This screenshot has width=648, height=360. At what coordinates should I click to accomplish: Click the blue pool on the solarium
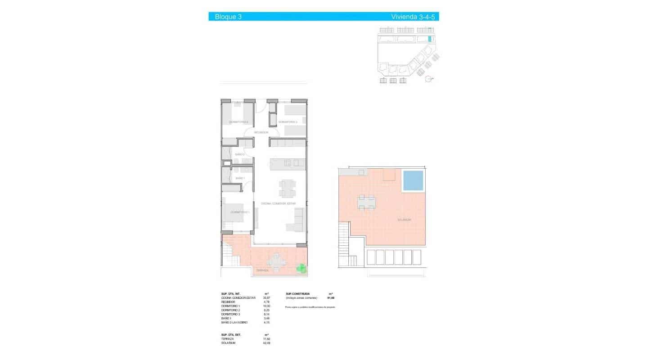tap(414, 180)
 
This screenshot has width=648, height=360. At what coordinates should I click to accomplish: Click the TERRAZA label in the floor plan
tap(262, 270)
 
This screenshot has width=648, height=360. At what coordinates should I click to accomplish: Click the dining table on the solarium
tap(366, 202)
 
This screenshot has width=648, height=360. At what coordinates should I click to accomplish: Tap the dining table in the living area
tap(287, 188)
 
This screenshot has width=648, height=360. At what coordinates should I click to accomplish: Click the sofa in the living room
tap(296, 220)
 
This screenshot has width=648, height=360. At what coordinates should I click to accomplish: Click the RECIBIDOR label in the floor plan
tap(261, 132)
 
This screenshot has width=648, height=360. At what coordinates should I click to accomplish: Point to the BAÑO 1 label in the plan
tap(240, 178)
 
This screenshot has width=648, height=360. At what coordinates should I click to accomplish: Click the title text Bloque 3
tap(228, 17)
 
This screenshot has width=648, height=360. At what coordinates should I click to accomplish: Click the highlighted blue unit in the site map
tap(429, 39)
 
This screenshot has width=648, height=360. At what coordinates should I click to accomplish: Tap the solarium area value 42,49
tap(267, 343)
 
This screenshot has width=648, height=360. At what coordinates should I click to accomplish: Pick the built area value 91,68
tap(331, 298)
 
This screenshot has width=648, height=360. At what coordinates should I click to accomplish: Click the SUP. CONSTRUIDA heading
tap(297, 293)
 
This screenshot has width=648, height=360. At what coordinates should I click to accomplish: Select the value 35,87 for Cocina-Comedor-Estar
tap(266, 298)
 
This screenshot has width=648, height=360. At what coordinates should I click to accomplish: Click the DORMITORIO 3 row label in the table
tap(230, 314)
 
